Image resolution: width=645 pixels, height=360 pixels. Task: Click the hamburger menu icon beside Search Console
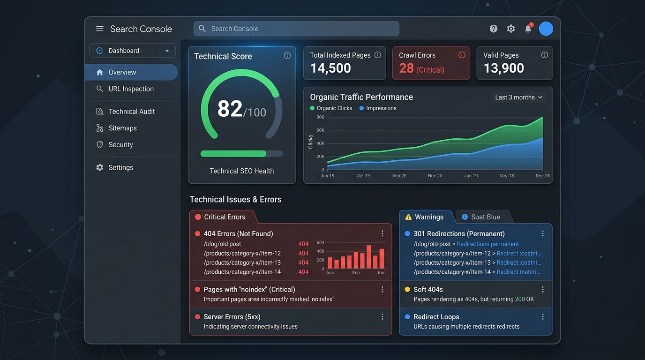(x=100, y=29)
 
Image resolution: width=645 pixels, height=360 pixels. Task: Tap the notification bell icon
(x=528, y=29)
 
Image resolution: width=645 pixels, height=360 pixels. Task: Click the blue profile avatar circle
(x=546, y=29)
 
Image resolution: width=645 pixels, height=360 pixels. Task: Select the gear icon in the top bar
(x=511, y=29)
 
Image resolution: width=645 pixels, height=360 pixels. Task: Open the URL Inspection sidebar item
(x=131, y=89)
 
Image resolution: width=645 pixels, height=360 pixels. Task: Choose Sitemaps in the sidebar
(x=122, y=128)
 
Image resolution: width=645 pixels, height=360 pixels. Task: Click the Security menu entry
(x=120, y=145)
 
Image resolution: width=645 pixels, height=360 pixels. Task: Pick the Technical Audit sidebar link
(x=131, y=112)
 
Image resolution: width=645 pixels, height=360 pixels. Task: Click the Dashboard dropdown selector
(x=133, y=51)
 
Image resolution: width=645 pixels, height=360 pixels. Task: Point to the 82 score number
(x=230, y=109)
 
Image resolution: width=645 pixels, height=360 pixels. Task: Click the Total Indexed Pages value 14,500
(x=330, y=68)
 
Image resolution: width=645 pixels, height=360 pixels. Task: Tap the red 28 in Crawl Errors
(x=406, y=68)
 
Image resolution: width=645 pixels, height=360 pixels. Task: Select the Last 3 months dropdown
(x=518, y=97)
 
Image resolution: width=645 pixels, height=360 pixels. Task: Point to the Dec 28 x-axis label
(x=542, y=176)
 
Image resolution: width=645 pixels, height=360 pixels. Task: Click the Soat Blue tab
(x=485, y=217)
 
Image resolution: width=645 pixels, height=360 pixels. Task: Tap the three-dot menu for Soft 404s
(x=543, y=290)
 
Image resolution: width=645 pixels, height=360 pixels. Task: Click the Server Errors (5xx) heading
(x=232, y=317)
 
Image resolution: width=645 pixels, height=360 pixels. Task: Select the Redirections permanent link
(x=487, y=244)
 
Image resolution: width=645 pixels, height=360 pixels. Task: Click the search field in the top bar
(x=296, y=29)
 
